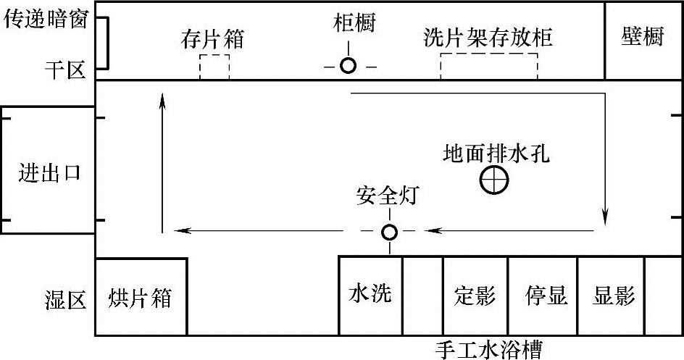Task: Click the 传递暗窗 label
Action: tap(46, 20)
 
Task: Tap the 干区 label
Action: tap(64, 70)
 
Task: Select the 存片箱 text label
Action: tap(212, 39)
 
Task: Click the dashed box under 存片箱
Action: tap(214, 67)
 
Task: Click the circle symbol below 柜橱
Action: tap(349, 66)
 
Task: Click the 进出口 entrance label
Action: tap(49, 174)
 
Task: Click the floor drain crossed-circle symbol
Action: tap(494, 180)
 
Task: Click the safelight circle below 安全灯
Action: tap(390, 232)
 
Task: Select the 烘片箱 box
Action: tap(141, 296)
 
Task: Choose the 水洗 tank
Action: tap(370, 294)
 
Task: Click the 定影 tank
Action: tap(475, 296)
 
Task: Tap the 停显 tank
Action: tap(546, 296)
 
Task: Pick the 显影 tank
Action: tap(614, 296)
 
